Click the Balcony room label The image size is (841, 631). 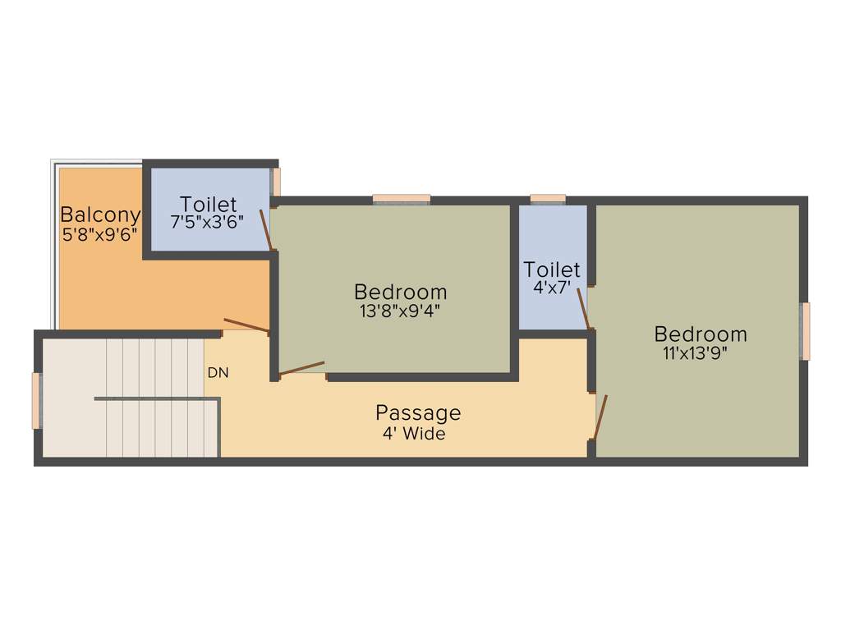click(100, 215)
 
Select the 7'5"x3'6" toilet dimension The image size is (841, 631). click(208, 222)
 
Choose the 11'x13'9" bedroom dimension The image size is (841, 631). click(696, 353)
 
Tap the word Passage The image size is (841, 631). click(418, 412)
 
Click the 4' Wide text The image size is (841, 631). click(414, 433)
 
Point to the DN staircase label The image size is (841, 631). click(218, 372)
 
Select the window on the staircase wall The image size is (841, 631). click(36, 400)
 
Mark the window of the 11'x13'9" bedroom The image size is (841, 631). click(806, 331)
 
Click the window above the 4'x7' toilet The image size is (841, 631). click(548, 198)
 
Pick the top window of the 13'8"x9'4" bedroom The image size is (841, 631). click(402, 198)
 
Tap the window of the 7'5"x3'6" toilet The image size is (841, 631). click(277, 182)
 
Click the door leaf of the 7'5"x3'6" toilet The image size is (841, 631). click(266, 230)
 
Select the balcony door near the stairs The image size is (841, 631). click(246, 325)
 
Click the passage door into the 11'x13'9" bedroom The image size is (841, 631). click(600, 417)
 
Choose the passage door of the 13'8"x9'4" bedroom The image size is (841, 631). click(301, 369)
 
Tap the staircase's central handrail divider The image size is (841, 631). click(156, 399)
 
